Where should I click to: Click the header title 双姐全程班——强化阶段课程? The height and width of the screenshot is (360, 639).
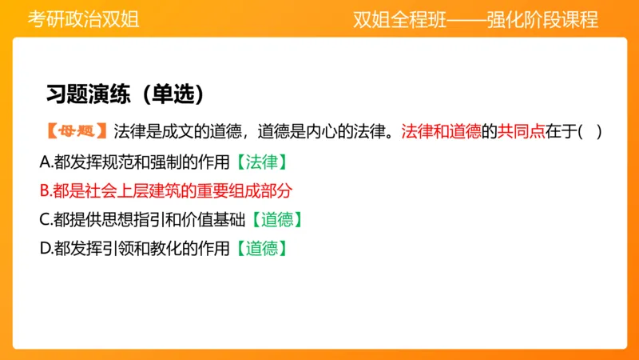476,19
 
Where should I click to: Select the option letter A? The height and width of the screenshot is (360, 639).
45,162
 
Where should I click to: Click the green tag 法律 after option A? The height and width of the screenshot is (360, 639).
261,162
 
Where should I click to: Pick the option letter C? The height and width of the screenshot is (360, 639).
45,219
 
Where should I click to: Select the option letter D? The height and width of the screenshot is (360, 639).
45,248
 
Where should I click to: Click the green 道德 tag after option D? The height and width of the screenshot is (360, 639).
261,248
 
